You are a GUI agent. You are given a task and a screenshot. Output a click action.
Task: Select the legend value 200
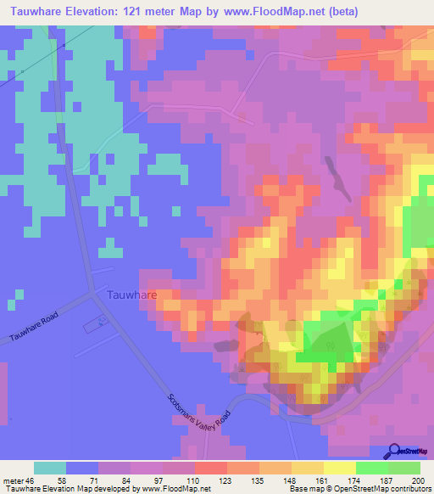416,480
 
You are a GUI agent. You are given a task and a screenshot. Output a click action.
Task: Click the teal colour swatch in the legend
50,468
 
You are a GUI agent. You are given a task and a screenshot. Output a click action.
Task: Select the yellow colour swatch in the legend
339,468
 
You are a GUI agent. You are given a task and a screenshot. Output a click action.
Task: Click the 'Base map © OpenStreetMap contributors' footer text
359,490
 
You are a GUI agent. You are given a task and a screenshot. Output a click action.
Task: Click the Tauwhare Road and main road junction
92,294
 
